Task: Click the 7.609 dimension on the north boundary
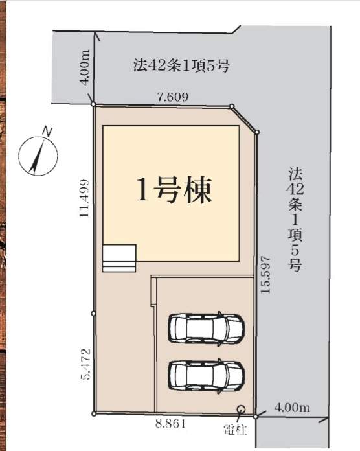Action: (173, 97)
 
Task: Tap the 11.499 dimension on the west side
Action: (84, 198)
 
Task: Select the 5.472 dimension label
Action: (85, 364)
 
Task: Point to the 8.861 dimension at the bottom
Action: (171, 424)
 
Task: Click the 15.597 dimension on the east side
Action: (265, 274)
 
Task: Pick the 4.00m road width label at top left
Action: (85, 68)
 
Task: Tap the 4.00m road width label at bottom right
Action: (292, 408)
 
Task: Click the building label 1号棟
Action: (174, 190)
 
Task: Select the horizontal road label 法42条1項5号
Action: (181, 65)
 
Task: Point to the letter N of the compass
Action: (47, 132)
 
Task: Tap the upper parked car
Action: (207, 329)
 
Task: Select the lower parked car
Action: (207, 376)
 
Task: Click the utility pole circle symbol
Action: (241, 409)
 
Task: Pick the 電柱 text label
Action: (235, 430)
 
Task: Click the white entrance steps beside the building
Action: (119, 259)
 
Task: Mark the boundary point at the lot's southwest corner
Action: (94, 414)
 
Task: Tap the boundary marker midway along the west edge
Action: (93, 313)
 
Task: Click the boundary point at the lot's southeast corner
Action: (255, 416)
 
